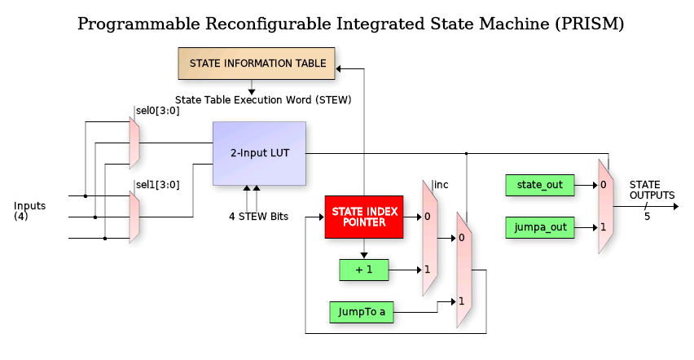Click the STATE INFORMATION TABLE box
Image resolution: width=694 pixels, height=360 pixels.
(257, 64)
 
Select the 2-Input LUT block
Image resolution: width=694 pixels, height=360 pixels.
(259, 153)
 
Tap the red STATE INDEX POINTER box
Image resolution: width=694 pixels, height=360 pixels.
(364, 217)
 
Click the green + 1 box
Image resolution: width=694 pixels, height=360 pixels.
(364, 270)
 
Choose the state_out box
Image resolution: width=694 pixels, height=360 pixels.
(540, 185)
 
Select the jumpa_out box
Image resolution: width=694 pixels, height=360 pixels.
(540, 226)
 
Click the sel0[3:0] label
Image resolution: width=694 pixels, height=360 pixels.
(156, 111)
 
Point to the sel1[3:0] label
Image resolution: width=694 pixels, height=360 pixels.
(156, 184)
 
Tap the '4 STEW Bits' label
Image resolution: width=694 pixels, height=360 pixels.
(257, 217)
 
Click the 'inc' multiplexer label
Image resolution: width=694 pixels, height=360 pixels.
(441, 185)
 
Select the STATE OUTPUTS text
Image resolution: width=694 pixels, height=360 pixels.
(652, 191)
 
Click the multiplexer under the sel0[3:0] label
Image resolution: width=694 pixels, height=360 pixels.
(134, 142)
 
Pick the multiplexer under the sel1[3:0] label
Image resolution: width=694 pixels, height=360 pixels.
(134, 217)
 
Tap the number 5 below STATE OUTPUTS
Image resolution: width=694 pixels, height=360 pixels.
(647, 217)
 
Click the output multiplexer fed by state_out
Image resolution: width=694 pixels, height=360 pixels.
(604, 206)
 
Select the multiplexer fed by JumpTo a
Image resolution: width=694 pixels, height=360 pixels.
(463, 270)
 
